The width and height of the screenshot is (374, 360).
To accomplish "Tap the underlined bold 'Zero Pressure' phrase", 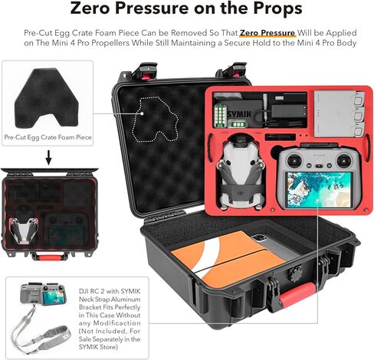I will pos(265,34).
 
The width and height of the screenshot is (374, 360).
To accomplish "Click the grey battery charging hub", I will pos(335,113).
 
